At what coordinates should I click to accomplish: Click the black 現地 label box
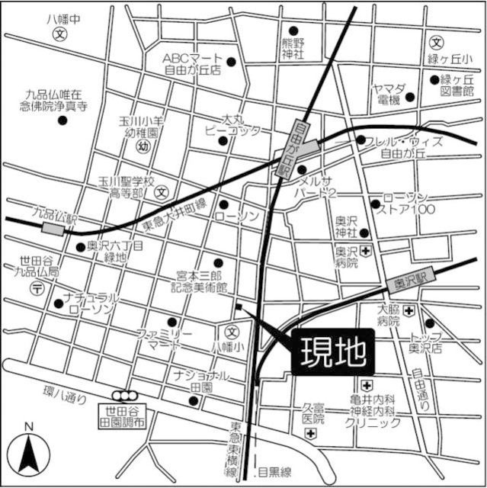(333, 352)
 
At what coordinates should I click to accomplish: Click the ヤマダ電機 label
(387, 93)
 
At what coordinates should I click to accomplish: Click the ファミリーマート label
(164, 340)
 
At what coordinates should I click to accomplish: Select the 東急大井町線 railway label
(175, 215)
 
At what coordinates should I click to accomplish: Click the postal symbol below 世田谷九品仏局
(37, 287)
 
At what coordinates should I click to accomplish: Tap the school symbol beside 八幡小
(232, 332)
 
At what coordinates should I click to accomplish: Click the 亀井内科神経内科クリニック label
(372, 410)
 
